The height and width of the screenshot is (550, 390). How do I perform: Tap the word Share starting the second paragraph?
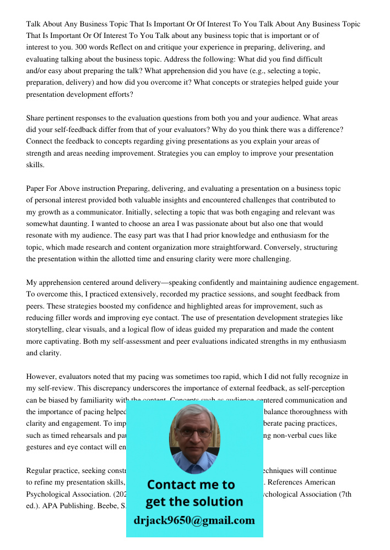tap(36, 118)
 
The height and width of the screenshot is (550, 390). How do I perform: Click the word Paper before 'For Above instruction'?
tap(36, 189)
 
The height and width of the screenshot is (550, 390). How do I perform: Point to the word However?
tap(42, 377)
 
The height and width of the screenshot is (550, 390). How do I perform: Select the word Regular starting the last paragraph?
tap(40, 471)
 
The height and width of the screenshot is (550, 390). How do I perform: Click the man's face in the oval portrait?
tap(194, 435)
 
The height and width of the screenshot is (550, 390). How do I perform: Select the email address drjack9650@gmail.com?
tap(194, 520)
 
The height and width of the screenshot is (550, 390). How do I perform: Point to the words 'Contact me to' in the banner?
tap(191, 485)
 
